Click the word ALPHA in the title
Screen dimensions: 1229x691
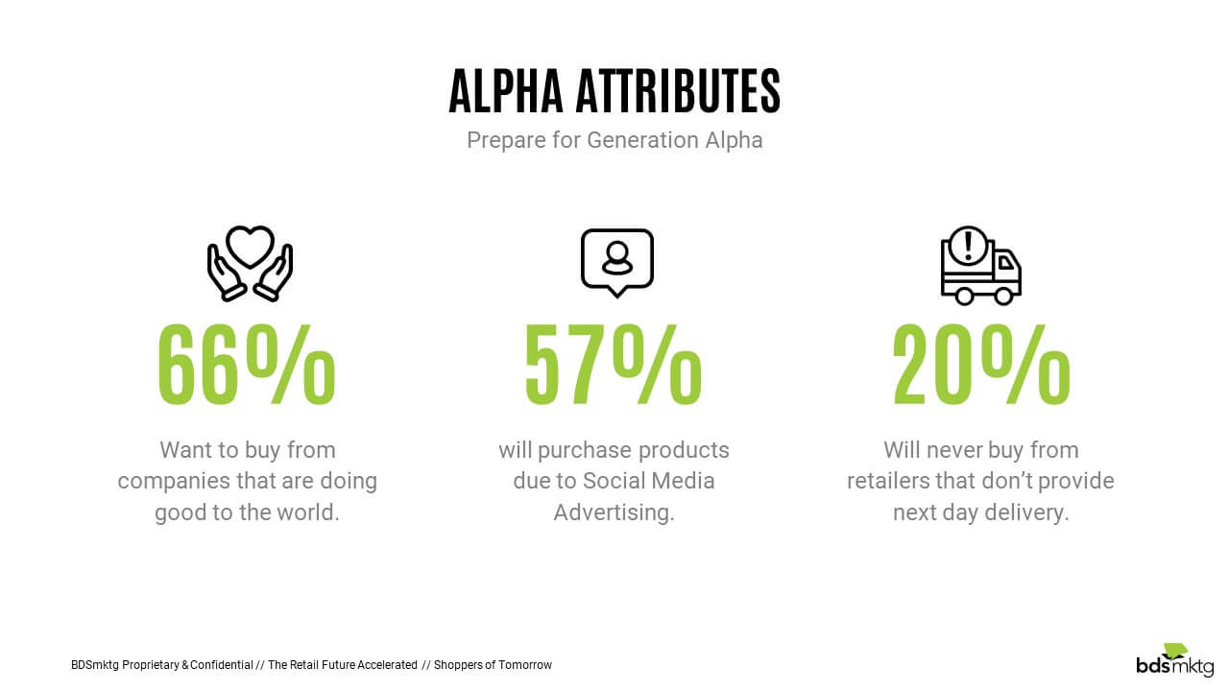tap(506, 91)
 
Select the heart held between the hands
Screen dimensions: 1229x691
tap(251, 246)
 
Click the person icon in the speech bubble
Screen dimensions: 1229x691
tap(617, 258)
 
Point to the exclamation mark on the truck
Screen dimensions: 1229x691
tap(969, 247)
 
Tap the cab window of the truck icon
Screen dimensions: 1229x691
tap(1006, 264)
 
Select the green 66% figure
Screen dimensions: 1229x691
tap(247, 365)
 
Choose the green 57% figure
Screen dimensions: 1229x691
tap(614, 365)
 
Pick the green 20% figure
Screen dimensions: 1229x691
tap(981, 365)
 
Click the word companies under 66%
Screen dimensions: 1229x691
tap(174, 482)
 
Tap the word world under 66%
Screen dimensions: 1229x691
tap(308, 512)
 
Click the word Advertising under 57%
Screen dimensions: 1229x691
tap(614, 512)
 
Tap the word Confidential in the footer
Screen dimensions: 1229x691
tap(222, 665)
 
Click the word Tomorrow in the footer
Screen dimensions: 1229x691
tap(525, 665)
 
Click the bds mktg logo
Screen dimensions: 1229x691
tap(1175, 660)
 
